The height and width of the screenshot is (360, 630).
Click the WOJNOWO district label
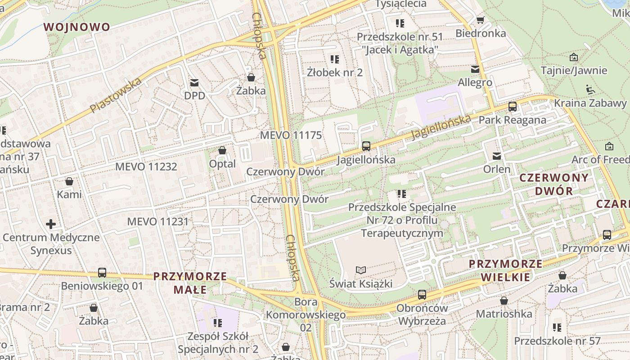click(x=76, y=27)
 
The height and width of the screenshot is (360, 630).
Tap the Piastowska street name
click(x=115, y=95)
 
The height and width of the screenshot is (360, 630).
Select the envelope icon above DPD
click(x=194, y=83)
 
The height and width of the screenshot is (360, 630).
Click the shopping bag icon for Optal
click(x=222, y=150)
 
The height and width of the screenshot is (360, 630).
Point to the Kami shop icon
click(x=69, y=181)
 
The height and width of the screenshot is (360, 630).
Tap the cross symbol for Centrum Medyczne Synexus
click(x=51, y=224)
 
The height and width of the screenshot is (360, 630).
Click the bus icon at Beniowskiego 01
click(x=102, y=273)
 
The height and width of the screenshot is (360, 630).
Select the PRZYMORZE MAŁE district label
click(x=190, y=283)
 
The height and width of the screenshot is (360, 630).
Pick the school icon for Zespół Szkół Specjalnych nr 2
click(x=218, y=323)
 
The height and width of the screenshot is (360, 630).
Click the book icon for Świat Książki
click(x=361, y=270)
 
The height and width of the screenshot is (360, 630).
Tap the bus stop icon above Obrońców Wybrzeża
click(x=422, y=295)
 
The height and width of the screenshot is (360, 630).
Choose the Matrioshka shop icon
click(x=504, y=300)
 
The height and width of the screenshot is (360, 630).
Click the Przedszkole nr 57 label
click(x=557, y=341)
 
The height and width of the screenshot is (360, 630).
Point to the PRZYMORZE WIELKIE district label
click(x=505, y=270)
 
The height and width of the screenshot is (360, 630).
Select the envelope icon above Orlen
click(x=497, y=156)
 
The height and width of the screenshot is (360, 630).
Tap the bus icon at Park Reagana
click(x=513, y=107)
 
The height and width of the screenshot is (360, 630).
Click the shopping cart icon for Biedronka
click(x=480, y=20)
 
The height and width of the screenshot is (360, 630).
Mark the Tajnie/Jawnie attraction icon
click(x=574, y=57)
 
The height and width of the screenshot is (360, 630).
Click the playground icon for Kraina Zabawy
click(x=590, y=90)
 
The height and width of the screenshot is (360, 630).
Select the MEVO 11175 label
click(x=291, y=135)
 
